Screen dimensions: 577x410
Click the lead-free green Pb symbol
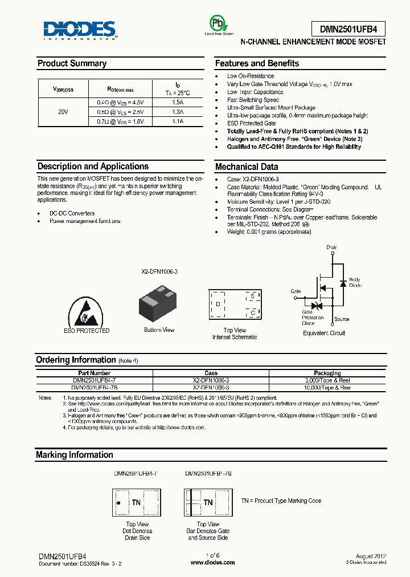(x=219, y=23)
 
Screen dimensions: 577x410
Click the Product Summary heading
(x=72, y=64)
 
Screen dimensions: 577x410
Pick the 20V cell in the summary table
(x=63, y=112)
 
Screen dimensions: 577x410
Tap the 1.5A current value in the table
(x=178, y=103)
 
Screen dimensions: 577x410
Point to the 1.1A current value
(x=178, y=121)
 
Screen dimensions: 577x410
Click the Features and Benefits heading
(x=257, y=64)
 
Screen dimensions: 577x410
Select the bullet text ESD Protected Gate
(x=251, y=123)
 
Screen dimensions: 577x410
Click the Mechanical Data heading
(x=247, y=167)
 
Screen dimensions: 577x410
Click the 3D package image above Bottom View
(x=159, y=303)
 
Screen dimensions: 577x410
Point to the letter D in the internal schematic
(x=218, y=304)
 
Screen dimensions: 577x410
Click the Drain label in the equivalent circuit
(x=331, y=247)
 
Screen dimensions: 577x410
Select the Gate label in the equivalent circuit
(x=296, y=291)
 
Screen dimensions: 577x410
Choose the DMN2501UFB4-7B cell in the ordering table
(x=94, y=387)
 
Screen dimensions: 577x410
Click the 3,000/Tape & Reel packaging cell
(x=327, y=380)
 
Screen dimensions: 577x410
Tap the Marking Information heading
(x=75, y=455)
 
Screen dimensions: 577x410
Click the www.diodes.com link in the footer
(x=212, y=562)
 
